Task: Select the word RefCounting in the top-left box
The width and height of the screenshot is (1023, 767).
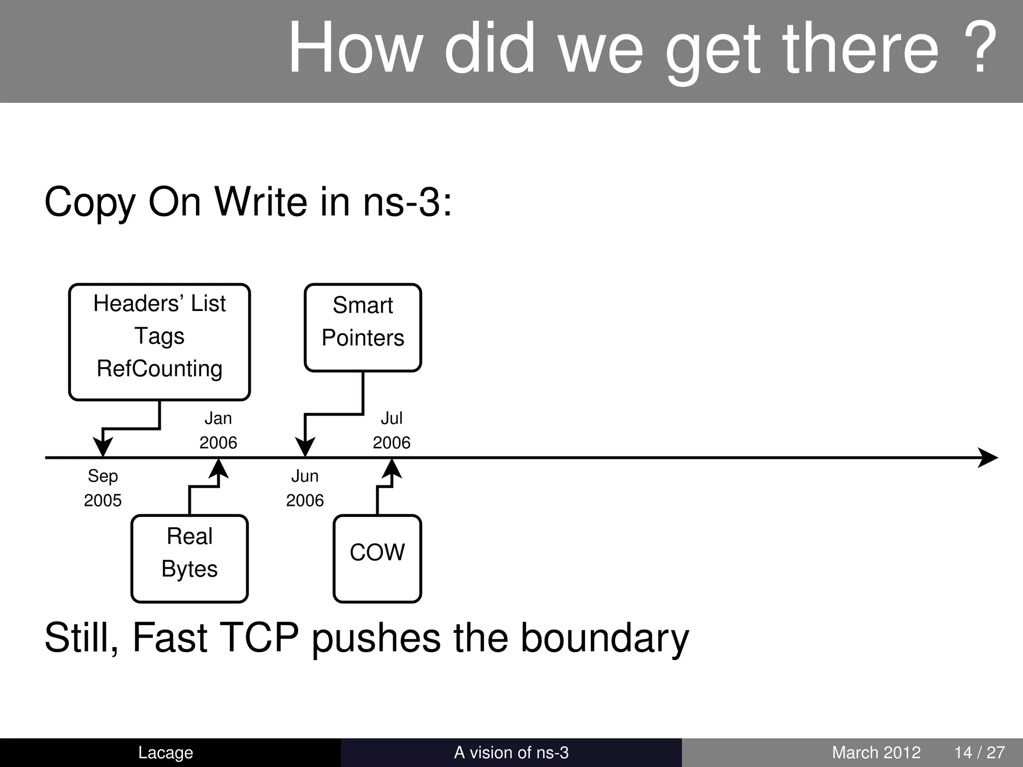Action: coord(159,369)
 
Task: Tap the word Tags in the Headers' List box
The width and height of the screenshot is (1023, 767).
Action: coord(159,336)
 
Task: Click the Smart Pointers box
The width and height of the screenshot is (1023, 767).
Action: coord(363,327)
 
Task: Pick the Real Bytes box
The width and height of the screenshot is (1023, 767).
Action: coord(189,558)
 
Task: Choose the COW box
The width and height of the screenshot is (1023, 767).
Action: coord(377,558)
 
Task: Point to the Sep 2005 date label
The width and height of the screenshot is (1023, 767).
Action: coord(103,488)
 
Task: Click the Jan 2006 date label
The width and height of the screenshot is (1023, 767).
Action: coord(218,430)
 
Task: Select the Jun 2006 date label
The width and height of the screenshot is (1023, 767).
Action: coord(305,488)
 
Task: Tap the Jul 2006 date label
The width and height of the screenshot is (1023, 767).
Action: coord(392,430)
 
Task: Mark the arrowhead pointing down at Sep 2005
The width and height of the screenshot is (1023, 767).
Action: coord(103,446)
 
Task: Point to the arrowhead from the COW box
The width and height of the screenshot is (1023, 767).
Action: coord(392,469)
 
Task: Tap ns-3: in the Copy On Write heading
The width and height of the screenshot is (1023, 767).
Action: coord(407,202)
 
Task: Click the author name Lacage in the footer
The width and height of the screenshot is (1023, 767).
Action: coord(165,752)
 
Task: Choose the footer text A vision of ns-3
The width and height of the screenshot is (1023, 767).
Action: coord(511,752)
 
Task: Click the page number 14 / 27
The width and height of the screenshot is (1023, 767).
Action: coord(979,752)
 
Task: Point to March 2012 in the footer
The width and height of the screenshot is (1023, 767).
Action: coord(876,752)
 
